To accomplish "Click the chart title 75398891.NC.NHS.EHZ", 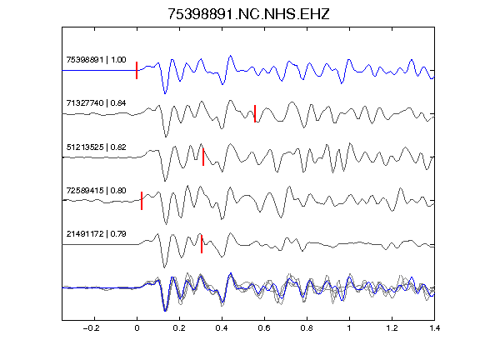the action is coord(248,14).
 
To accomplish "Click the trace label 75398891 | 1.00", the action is coord(96,60).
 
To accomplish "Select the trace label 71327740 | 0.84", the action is coord(96,103).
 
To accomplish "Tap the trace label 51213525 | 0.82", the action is coord(96,147).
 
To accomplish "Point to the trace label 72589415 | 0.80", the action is coord(96,191).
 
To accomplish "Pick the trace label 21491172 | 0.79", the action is coord(96,234).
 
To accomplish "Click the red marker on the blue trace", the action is coord(137,70).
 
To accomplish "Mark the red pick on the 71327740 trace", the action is coord(255,113).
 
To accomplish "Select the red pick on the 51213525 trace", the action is coord(203,157).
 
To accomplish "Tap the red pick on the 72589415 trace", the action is coord(142,201).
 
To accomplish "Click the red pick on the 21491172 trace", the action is coord(202,244).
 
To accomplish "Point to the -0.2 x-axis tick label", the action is coord(92,328).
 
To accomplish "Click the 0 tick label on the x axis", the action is coord(137,328).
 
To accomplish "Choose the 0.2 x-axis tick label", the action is coord(179,328).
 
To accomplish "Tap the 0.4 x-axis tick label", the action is coord(222,328).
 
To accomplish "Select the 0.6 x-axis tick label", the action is coord(264,328).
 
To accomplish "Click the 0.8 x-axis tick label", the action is coord(307,328).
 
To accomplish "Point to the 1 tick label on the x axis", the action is coord(349,328).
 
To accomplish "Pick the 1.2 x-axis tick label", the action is coord(392,328).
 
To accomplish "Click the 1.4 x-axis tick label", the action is coord(434,328).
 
